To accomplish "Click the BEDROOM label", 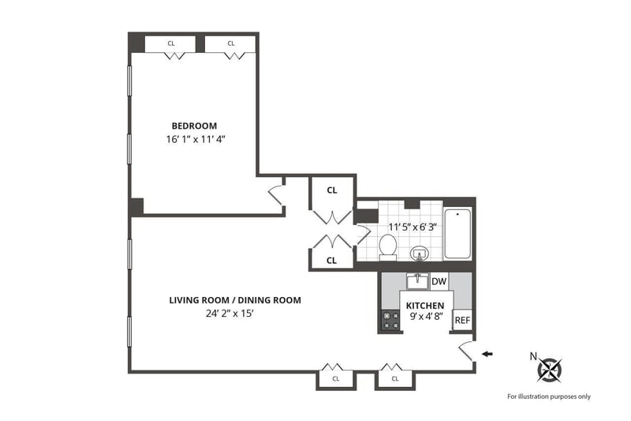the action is tap(194, 126).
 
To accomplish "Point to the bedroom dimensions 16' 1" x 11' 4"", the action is tap(195, 140).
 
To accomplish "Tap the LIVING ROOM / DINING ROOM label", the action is tap(235, 300).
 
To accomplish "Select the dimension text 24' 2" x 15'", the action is tap(230, 314).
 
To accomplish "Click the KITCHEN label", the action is tap(425, 306).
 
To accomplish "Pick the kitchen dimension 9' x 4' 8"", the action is tap(426, 316).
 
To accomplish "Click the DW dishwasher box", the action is tap(439, 281).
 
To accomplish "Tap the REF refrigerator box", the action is tap(462, 320).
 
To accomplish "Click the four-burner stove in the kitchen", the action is tap(390, 321).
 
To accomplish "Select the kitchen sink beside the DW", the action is tap(418, 281).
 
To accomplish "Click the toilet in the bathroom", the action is tap(388, 246).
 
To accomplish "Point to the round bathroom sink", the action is tap(420, 254).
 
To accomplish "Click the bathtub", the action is tap(457, 233).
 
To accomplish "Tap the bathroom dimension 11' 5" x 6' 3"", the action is tap(413, 227).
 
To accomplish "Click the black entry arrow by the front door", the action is tap(487, 354).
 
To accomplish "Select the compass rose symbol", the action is tap(550, 370).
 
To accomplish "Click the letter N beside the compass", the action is tap(533, 356).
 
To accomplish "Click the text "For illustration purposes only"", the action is tap(549, 397).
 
